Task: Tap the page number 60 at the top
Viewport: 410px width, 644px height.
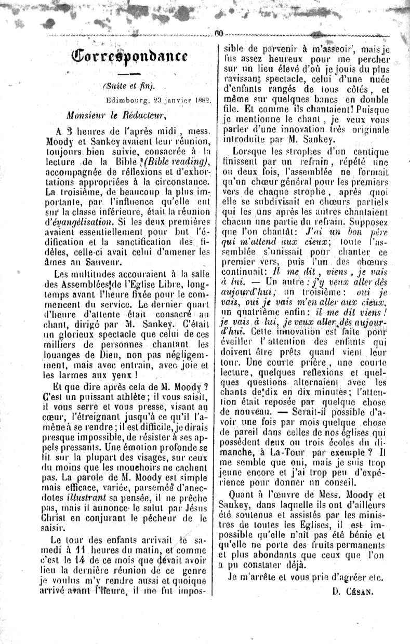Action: [219, 34]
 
